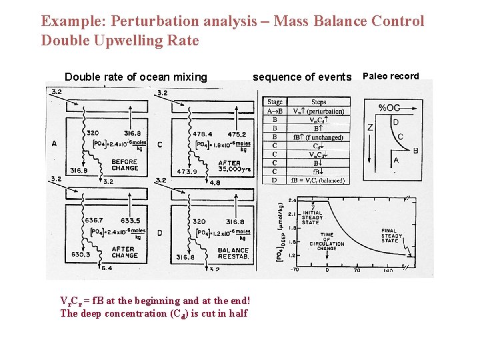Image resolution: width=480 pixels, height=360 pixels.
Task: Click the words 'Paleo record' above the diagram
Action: (390, 76)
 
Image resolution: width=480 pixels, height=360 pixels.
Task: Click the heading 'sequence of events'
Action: (301, 77)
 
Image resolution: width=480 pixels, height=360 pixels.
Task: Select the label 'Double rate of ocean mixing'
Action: (136, 77)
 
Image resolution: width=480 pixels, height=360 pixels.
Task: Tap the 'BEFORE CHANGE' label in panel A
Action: (125, 165)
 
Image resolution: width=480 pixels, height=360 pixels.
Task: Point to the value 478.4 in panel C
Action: (204, 134)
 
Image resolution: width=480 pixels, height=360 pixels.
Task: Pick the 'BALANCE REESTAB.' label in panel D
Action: (233, 254)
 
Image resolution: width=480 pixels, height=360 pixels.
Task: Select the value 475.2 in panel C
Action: (237, 134)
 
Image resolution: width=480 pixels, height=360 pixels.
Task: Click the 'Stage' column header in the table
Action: (275, 102)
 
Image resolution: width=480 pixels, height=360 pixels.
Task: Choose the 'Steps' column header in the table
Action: (319, 102)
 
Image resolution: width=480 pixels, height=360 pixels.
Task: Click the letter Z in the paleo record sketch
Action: (371, 127)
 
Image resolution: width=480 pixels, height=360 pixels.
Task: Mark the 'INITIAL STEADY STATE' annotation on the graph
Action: (312, 218)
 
